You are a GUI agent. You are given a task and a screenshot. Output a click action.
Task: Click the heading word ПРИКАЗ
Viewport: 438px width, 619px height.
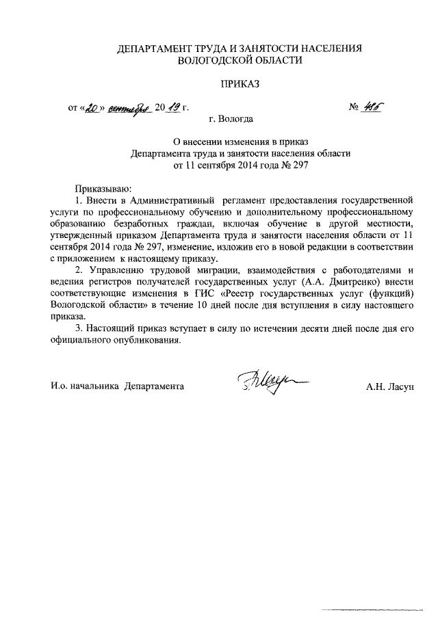tap(240, 85)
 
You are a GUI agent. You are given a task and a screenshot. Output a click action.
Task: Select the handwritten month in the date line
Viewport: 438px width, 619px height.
tap(129, 108)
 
